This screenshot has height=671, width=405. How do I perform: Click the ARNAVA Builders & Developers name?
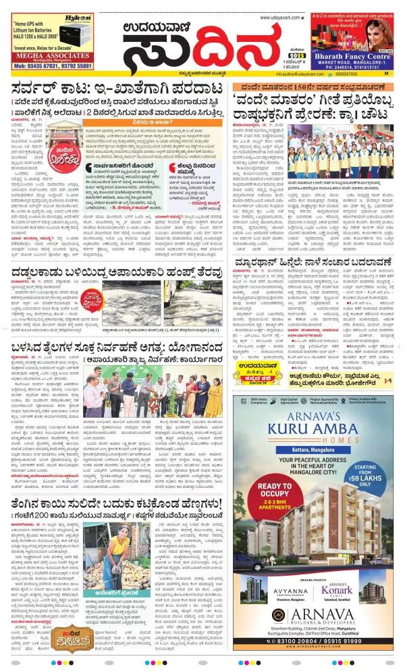(325, 620)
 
